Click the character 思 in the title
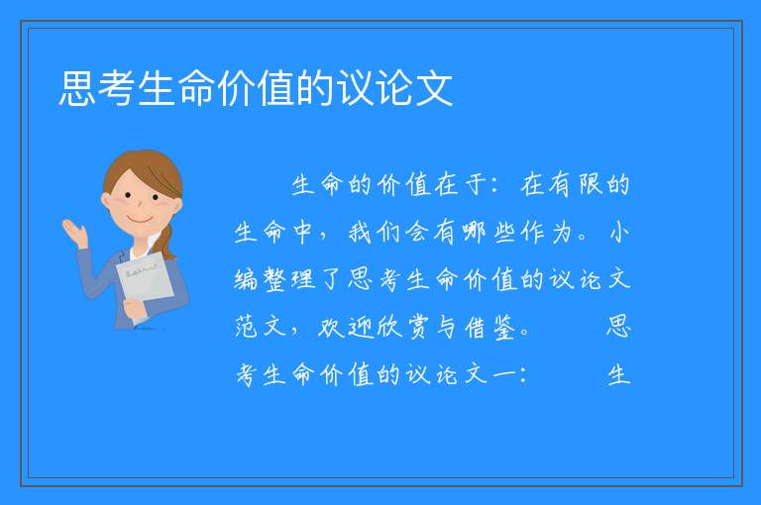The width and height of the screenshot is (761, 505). [x=76, y=88]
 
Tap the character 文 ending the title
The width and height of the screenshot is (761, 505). [x=434, y=88]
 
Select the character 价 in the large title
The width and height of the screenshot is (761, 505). [x=236, y=88]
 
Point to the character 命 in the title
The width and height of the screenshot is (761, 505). [x=196, y=88]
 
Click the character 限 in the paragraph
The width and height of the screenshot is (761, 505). [x=590, y=184]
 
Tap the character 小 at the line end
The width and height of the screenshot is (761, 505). [x=618, y=232]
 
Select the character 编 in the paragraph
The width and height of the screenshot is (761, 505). [x=246, y=280]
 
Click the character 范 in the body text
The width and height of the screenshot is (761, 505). [x=246, y=327]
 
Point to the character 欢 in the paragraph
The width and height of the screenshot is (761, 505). [x=331, y=327]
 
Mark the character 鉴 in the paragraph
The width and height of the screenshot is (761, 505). [x=503, y=328]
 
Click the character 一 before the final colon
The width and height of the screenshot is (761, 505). [x=503, y=374]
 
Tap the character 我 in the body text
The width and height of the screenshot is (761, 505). [x=360, y=232]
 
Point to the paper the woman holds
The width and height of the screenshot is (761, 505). [x=145, y=280]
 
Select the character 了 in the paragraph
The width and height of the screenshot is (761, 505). [x=331, y=280]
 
